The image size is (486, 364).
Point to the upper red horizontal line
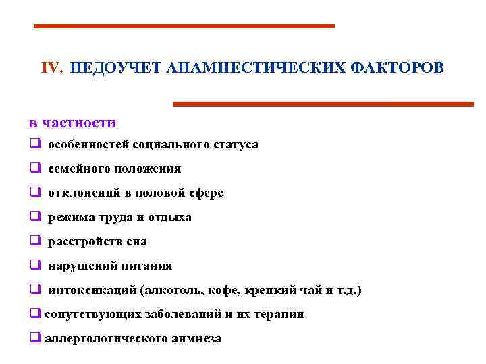click(184, 26)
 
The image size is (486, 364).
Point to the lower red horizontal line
click(323, 104)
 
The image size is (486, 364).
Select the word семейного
click(75, 169)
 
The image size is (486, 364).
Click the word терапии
click(280, 314)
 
